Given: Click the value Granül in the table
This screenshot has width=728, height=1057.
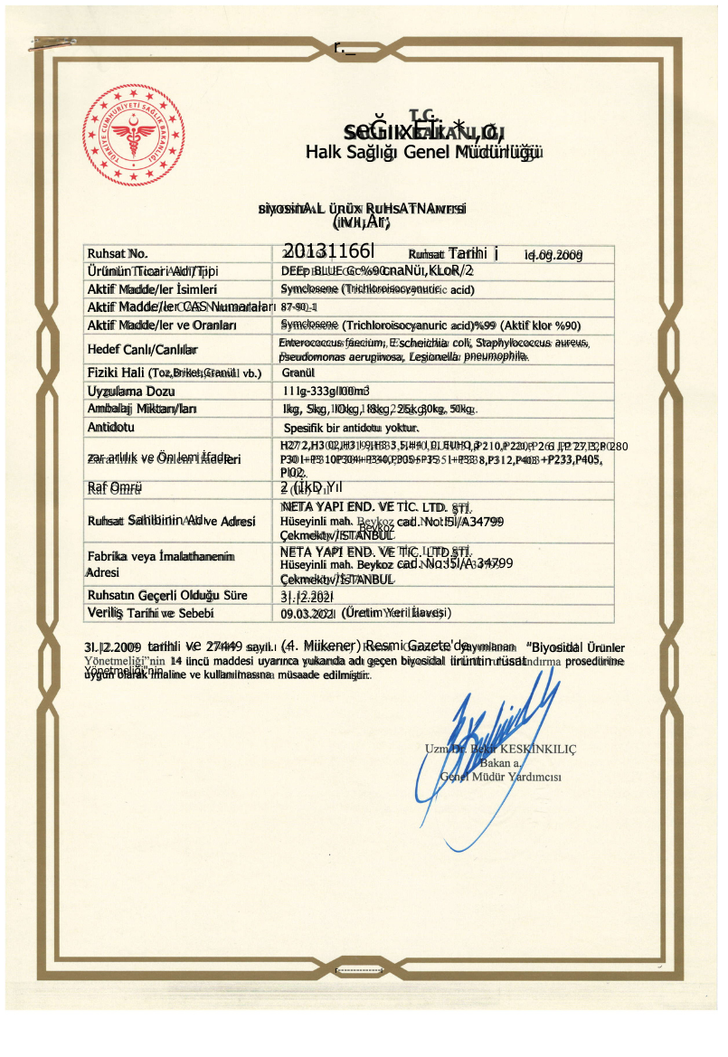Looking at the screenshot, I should [x=298, y=372].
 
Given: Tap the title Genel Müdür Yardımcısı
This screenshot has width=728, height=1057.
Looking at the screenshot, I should [x=502, y=777].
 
